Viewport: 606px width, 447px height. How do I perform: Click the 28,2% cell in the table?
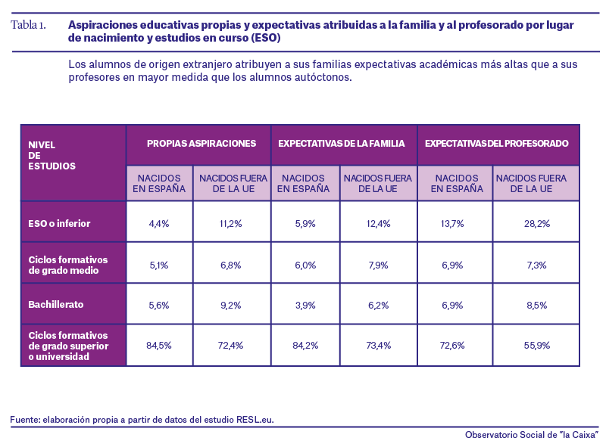click(x=537, y=224)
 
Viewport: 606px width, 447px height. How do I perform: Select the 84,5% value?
click(x=159, y=345)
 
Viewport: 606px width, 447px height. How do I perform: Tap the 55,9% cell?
click(x=537, y=345)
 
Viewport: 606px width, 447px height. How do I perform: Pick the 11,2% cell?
click(x=231, y=224)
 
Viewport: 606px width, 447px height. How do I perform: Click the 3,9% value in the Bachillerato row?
click(x=305, y=306)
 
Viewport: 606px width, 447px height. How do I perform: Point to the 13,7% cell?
click(x=452, y=224)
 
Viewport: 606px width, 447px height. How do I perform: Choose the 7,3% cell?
click(x=537, y=265)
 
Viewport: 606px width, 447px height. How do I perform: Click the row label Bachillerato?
click(x=55, y=305)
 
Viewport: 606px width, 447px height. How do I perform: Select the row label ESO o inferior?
click(x=59, y=224)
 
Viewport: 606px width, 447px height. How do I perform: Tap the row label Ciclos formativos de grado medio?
click(x=68, y=265)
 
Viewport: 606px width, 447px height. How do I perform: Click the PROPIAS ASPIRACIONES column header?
click(x=201, y=144)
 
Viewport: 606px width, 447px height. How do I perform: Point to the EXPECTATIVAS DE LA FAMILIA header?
click(x=342, y=144)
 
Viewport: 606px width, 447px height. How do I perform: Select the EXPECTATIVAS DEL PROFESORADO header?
click(x=497, y=144)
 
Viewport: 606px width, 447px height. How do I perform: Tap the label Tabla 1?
click(x=28, y=25)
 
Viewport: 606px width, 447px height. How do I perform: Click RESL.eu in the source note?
click(x=255, y=420)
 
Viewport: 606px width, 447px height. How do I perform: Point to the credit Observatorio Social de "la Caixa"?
click(x=532, y=435)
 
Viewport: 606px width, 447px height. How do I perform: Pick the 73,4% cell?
click(x=378, y=345)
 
